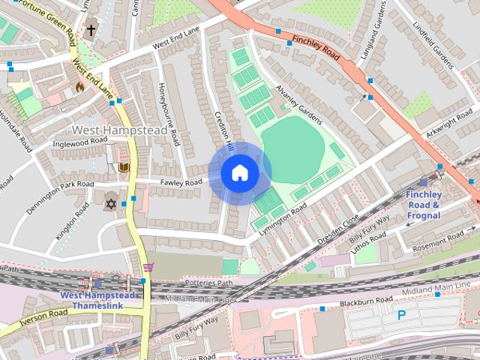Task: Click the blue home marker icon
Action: pos(239,173)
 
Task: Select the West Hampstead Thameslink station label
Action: pos(97,300)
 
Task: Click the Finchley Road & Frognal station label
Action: pos(424,205)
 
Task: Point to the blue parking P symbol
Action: pos(402,316)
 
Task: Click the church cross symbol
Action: pos(91,31)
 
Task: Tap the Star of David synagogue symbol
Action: pos(112,204)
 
